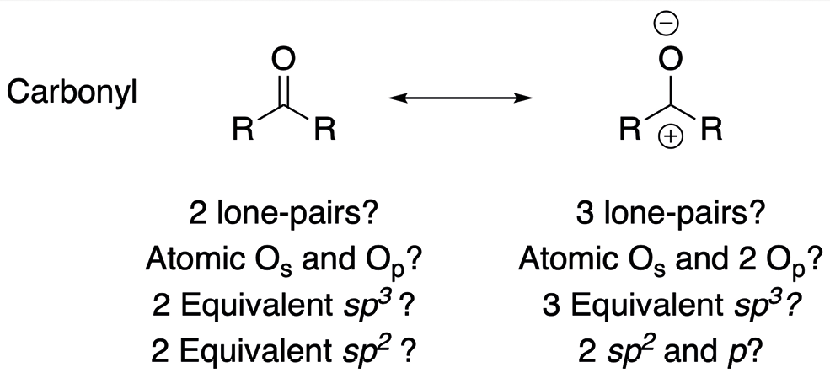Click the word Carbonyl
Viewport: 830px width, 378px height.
pyautogui.click(x=73, y=94)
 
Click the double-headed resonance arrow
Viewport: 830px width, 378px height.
pyautogui.click(x=460, y=99)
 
